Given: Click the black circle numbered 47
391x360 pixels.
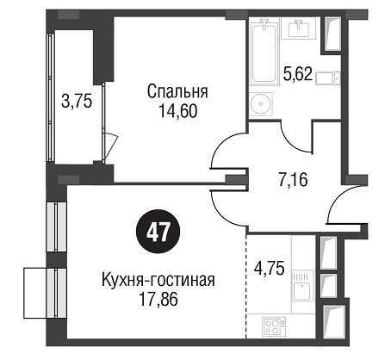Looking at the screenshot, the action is (x=158, y=232).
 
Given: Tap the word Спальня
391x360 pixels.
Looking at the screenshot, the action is (x=177, y=92).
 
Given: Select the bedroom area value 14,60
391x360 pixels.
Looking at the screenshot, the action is (x=177, y=111).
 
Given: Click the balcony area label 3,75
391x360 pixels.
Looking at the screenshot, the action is (x=77, y=102).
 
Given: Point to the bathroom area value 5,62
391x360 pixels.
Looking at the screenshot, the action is (x=297, y=74).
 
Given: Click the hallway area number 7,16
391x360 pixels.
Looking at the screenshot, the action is (x=293, y=180).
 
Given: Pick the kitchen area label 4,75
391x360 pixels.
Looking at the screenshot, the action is (x=270, y=269).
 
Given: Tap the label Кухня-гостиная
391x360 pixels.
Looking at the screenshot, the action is (x=158, y=280).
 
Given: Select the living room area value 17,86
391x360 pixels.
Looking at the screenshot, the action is (x=158, y=300).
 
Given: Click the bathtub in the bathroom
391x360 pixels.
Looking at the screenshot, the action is (x=264, y=52).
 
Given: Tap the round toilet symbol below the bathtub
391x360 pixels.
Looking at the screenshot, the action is (x=261, y=104).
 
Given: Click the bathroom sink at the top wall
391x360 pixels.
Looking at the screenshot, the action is (x=299, y=28).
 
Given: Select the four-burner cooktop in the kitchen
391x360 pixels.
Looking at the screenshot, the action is (x=273, y=326).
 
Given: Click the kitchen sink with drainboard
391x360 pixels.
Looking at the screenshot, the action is (x=302, y=286).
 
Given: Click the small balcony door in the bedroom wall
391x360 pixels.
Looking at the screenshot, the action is (x=110, y=146).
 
